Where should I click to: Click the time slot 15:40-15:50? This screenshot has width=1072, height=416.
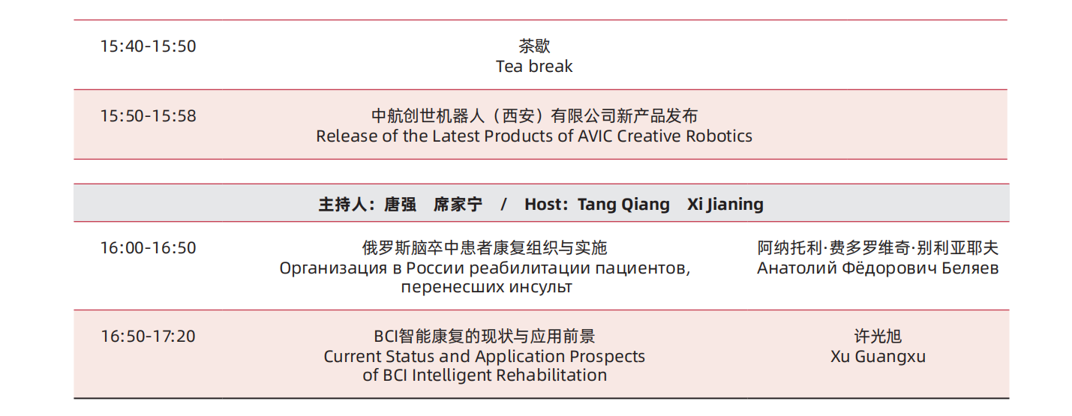coord(148,46)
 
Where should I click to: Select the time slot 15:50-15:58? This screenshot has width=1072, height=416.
coord(148,116)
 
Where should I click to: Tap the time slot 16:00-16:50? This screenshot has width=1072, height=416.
coord(148,248)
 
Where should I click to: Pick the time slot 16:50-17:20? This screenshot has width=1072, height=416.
coord(148,337)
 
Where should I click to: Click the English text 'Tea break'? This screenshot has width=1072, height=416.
coord(534,67)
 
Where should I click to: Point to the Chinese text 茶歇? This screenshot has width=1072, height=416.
coord(534,46)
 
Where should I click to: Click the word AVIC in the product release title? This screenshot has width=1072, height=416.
coord(595,136)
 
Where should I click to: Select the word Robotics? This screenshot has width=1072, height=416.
coord(719,136)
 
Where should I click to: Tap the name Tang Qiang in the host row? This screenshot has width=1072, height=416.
coord(623,205)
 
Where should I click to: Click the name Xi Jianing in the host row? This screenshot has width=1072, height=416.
coord(725,205)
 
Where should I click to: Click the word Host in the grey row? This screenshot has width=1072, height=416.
coord(543,205)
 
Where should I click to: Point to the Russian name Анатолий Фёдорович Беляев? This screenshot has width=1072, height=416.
coord(878,268)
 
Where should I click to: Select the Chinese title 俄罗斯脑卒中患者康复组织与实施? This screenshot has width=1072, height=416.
coord(485,248)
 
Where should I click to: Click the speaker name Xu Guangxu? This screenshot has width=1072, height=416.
coord(878,357)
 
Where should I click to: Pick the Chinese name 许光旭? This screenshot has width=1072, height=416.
coord(878,337)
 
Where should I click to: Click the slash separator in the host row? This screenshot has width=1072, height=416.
coord(503,205)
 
